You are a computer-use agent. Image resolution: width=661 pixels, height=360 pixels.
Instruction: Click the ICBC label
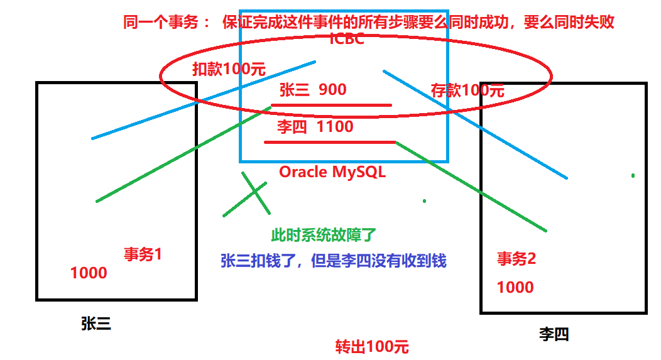tap(347, 39)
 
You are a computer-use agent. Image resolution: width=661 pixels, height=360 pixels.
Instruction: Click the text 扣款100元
tap(229, 69)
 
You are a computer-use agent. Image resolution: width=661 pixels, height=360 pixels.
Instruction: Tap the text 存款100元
tap(467, 90)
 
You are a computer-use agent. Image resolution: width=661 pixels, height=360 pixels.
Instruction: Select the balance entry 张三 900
tap(312, 90)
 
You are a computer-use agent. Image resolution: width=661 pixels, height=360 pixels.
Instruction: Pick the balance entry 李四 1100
tap(315, 127)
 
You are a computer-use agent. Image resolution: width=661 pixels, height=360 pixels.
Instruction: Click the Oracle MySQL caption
tap(332, 172)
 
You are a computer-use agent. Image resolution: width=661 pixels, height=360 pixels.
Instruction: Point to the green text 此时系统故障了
tap(323, 236)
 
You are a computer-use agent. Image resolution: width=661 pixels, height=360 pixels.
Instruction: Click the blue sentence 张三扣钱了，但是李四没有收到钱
tap(333, 261)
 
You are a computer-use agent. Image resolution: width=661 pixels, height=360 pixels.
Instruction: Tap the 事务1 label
tap(143, 254)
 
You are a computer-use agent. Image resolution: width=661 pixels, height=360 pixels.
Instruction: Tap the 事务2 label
tap(516, 259)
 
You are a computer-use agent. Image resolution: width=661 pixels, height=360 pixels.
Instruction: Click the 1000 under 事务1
tap(89, 273)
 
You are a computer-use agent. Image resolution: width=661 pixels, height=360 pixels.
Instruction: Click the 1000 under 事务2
tap(515, 287)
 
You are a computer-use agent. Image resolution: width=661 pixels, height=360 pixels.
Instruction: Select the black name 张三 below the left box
tap(96, 324)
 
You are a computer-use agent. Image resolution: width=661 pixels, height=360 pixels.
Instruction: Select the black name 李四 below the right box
tap(554, 334)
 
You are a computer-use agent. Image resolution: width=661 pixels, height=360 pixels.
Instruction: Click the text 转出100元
tap(372, 347)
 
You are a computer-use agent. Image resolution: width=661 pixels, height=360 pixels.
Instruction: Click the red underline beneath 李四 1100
tap(329, 143)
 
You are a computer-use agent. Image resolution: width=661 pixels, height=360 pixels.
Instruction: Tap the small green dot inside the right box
tap(633, 175)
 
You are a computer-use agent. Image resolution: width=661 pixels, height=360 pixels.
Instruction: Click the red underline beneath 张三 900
tap(331, 105)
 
